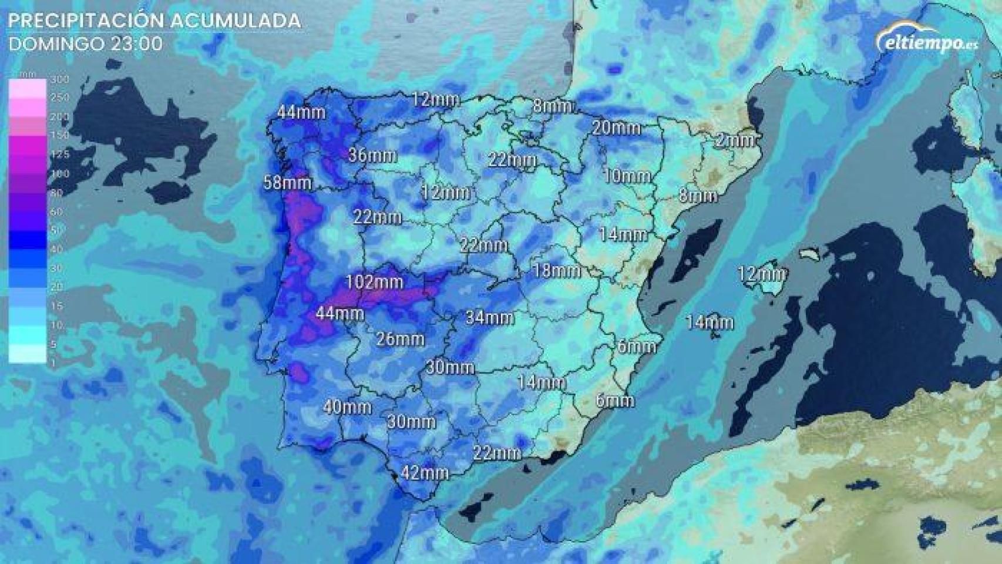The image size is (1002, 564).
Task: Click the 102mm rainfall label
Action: [374, 282]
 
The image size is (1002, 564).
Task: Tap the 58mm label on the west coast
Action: [287, 183]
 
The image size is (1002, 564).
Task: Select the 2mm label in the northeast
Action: [735, 140]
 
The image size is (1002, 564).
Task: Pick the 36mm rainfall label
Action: [372, 156]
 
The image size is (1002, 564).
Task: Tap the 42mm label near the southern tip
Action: [425, 473]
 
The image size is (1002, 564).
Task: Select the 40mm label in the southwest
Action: [347, 407]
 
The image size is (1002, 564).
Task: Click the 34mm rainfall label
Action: [489, 318]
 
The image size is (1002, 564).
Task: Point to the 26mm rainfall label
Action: [400, 339]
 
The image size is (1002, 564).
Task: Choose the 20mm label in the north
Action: [616, 127]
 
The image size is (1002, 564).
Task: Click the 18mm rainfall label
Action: [556, 271]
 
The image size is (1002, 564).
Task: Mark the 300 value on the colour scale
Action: [60, 79]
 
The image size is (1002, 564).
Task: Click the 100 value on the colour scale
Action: [60, 174]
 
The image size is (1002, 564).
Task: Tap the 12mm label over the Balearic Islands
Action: [762, 274]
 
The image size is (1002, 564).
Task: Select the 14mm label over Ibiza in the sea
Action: [710, 322]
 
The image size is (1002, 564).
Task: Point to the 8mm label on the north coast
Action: [552, 106]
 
